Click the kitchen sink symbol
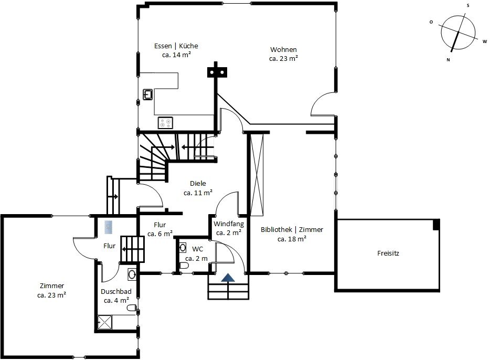click(148, 94)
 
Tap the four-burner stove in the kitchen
click(165, 123)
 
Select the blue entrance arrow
click(228, 278)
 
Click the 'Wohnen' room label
click(283, 49)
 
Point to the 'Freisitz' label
click(388, 253)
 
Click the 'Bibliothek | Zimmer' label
click(292, 230)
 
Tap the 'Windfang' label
click(229, 224)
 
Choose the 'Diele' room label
click(198, 184)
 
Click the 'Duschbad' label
click(116, 292)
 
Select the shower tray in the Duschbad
click(104, 322)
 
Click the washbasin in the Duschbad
click(132, 274)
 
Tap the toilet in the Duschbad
click(132, 308)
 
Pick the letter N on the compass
click(448, 60)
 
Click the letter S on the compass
click(468, 6)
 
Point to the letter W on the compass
click(485, 41)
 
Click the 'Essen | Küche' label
click(176, 46)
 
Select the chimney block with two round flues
click(217, 72)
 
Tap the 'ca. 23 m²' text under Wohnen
click(283, 58)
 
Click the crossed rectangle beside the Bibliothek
click(257, 175)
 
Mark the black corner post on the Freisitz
click(436, 225)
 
